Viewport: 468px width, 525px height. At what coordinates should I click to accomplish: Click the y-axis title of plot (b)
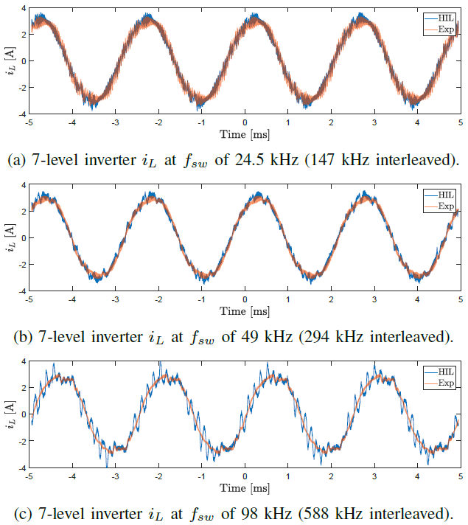click(x=10, y=237)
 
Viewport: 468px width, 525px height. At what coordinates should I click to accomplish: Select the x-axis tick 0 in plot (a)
click(x=245, y=123)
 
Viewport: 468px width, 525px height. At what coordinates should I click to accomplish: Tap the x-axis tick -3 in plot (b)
click(x=116, y=301)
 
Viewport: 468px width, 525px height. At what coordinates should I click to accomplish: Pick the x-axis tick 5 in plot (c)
click(x=461, y=477)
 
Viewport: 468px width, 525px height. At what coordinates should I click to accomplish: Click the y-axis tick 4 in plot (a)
click(x=22, y=7)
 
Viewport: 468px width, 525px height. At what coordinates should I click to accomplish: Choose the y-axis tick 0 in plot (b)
click(x=22, y=237)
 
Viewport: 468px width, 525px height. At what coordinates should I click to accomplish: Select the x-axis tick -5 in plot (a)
click(x=29, y=123)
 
